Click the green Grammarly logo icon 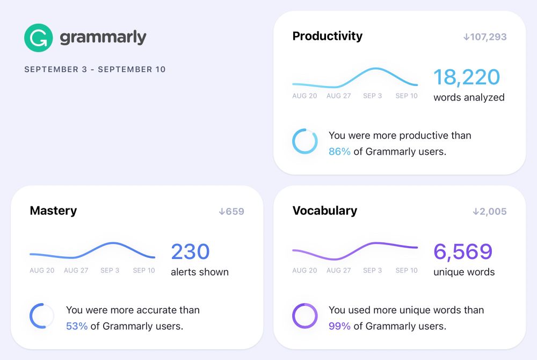38,38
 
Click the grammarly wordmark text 103,38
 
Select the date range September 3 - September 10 95,69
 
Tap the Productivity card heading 327,36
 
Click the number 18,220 466,77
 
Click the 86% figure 339,152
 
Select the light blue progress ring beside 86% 304,141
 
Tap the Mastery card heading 53,211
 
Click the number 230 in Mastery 190,252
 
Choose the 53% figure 77,326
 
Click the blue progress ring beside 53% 42,316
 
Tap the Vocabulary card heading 324,211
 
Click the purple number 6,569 462,252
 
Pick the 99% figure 339,326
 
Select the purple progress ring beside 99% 304,316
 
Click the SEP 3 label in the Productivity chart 372,96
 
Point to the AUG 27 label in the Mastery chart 76,271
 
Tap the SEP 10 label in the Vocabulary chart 406,271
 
